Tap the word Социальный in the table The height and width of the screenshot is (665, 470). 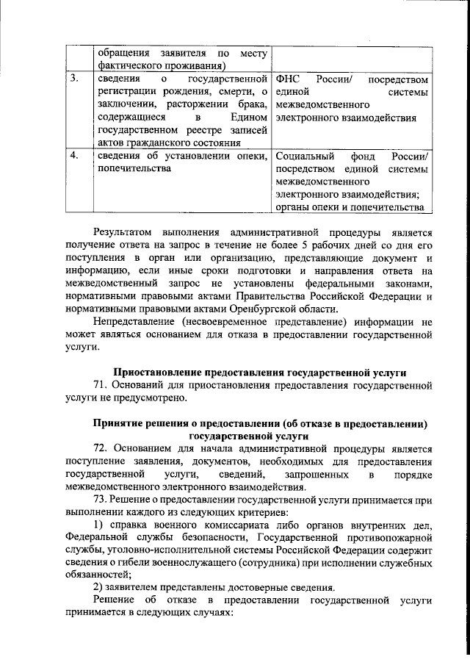[x=305, y=156]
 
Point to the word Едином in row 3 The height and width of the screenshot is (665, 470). [x=247, y=117]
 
